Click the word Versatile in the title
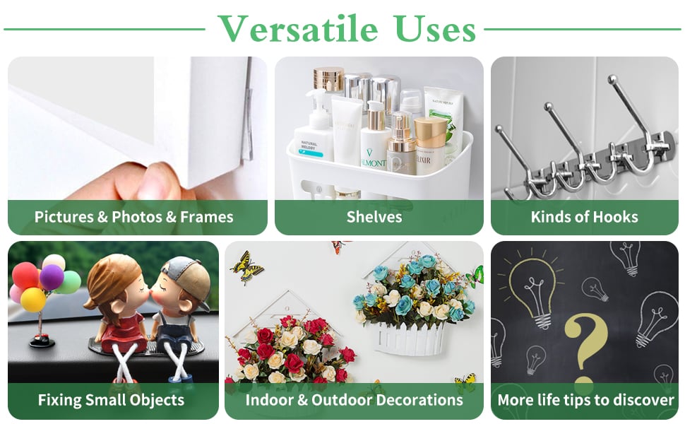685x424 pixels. pos(298,28)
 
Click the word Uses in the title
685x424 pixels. pos(434,28)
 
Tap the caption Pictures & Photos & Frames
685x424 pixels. pos(133,217)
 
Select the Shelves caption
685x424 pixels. pos(374,217)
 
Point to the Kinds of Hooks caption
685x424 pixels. pos(585,217)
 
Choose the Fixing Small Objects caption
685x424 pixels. pos(111,400)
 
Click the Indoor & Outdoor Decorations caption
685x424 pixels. pos(355,400)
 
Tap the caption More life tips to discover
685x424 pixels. pos(586,400)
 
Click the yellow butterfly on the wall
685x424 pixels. pos(247,266)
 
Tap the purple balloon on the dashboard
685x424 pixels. pos(52,277)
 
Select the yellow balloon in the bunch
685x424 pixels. pos(32,300)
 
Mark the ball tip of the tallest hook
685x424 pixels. pos(612,80)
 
